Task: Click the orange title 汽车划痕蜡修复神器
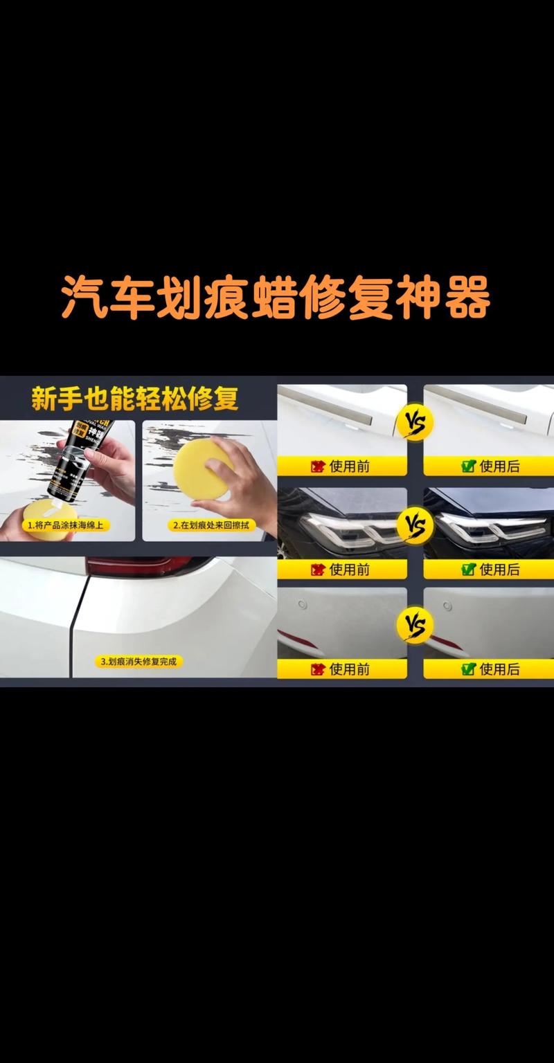coord(276,298)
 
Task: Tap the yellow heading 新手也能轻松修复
coord(135,399)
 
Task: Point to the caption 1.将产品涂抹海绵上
coord(69,525)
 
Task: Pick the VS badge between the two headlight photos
coord(415,525)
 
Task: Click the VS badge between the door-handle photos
coord(415,422)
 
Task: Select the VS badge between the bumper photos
coord(415,626)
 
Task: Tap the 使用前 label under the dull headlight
coord(342,569)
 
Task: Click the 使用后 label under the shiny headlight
coord(491,569)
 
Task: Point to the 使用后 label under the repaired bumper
coord(491,669)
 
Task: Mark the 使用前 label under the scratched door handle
coord(342,466)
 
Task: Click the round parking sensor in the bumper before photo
coord(302,605)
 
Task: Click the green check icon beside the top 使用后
coord(468,466)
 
